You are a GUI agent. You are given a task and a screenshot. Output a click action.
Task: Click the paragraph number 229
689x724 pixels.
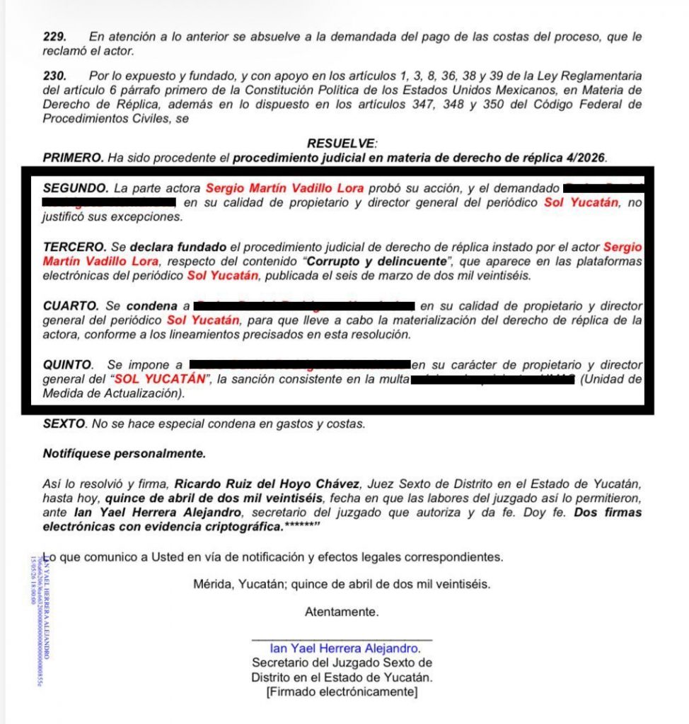[54, 36]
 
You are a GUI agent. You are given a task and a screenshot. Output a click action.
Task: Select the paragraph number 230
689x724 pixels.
[54, 75]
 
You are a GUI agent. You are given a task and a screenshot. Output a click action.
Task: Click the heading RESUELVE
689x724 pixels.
[342, 143]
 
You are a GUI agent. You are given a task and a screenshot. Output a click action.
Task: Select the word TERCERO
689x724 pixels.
[74, 247]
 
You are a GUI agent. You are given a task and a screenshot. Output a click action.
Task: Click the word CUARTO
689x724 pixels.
[70, 306]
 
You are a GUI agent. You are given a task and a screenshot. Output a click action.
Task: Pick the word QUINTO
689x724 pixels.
[67, 365]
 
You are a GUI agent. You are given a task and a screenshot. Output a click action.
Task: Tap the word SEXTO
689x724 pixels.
[64, 424]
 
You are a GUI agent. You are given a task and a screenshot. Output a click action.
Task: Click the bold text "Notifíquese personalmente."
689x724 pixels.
[124, 453]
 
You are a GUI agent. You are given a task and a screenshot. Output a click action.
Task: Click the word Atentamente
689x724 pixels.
[342, 612]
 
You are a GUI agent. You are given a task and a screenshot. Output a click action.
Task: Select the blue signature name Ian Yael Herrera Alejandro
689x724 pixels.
[344, 648]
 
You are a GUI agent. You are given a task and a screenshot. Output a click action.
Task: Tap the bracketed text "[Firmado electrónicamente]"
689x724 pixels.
[342, 691]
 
